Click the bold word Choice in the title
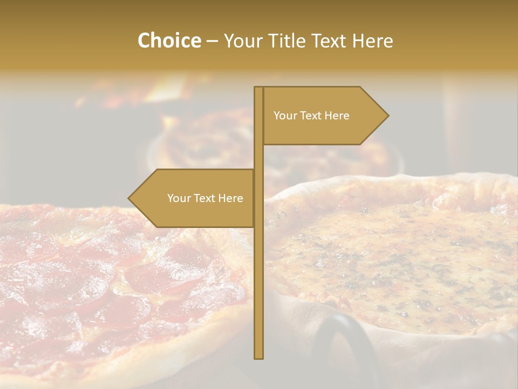point(169,41)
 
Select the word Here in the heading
point(372,41)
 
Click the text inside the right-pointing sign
point(311,116)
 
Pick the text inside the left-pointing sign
point(205,198)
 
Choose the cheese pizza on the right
point(399,249)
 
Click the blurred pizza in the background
point(205,140)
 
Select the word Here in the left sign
point(230,198)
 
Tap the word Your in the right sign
point(285,116)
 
